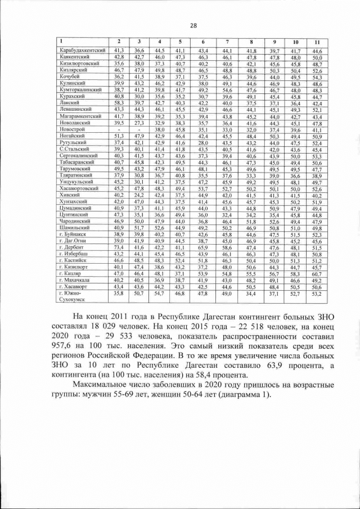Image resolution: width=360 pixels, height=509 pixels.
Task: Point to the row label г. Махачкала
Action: [x=77, y=280]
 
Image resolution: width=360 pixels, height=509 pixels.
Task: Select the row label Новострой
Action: [x=71, y=129]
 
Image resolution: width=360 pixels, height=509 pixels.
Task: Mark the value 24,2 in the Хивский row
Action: [x=138, y=195]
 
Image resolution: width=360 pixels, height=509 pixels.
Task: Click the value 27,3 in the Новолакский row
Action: [x=138, y=123]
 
